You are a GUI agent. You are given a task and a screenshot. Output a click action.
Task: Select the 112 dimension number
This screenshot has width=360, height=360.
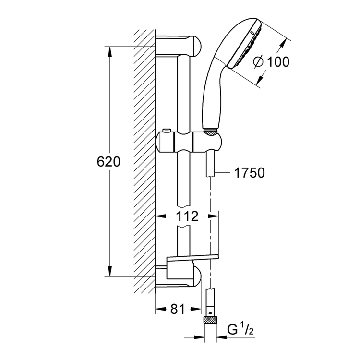186,216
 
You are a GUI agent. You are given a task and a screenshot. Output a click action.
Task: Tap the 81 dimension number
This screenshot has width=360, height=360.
177,310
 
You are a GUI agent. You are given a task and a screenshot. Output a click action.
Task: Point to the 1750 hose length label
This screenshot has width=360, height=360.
250,173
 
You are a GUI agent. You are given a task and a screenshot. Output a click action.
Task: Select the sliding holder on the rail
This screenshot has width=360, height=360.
190,143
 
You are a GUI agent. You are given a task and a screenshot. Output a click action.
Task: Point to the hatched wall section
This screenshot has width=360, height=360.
144,163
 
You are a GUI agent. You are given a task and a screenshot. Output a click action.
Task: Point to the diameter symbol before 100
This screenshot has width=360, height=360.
257,62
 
